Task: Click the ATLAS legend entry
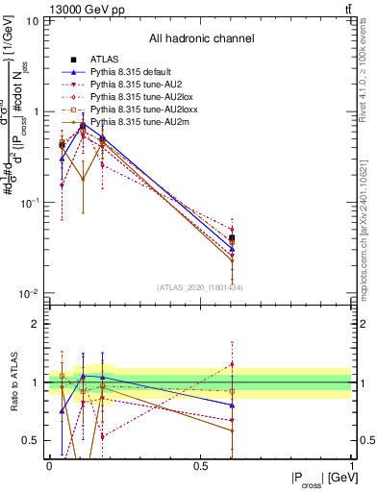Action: (103, 61)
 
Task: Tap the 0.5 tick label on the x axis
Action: (200, 464)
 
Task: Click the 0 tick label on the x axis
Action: (49, 464)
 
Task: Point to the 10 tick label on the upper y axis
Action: (32, 21)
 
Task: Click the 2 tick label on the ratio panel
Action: (36, 325)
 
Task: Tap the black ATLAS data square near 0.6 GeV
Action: (231, 237)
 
